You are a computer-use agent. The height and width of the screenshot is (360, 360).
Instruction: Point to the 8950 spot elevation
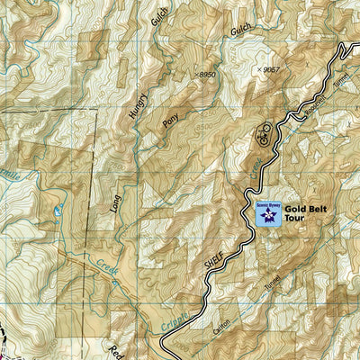coord(208,75)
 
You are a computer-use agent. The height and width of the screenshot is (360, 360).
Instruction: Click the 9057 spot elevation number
coord(271,68)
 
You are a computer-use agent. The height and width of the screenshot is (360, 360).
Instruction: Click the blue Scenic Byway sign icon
coord(267,213)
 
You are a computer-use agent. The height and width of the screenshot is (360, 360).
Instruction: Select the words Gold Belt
coord(306,209)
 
